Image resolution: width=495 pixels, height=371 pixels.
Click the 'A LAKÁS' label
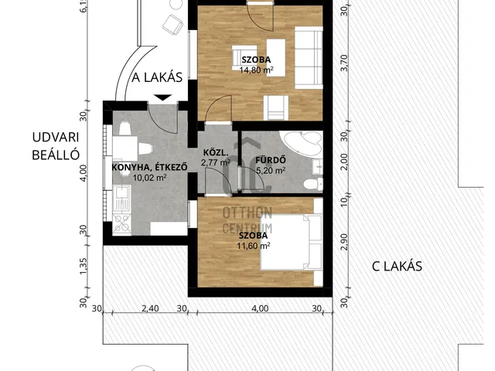[157, 77]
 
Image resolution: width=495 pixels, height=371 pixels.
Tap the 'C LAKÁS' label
[397, 267]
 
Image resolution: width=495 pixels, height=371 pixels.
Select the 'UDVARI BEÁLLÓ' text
[56, 146]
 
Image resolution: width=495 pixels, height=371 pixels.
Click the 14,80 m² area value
[256, 70]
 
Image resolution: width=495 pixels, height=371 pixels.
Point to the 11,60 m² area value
[254, 246]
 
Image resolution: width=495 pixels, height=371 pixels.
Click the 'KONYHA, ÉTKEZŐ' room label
[149, 167]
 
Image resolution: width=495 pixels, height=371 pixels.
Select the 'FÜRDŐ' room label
[271, 160]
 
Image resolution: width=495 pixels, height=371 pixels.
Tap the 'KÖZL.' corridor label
[216, 153]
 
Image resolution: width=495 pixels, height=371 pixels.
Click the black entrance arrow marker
[162, 97]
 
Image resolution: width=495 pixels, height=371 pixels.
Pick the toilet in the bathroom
[313, 184]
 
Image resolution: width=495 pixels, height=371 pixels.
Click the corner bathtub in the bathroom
[302, 143]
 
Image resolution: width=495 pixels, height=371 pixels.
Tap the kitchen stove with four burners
[122, 223]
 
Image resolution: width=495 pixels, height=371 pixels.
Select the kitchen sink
[121, 198]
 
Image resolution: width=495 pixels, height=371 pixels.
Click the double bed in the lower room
[291, 242]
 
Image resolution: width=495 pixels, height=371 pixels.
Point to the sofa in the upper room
[309, 58]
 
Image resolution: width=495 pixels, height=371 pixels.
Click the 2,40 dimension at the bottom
[150, 308]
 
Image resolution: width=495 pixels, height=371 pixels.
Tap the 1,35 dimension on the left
[83, 267]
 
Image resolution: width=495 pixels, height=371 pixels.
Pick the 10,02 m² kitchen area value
[149, 178]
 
